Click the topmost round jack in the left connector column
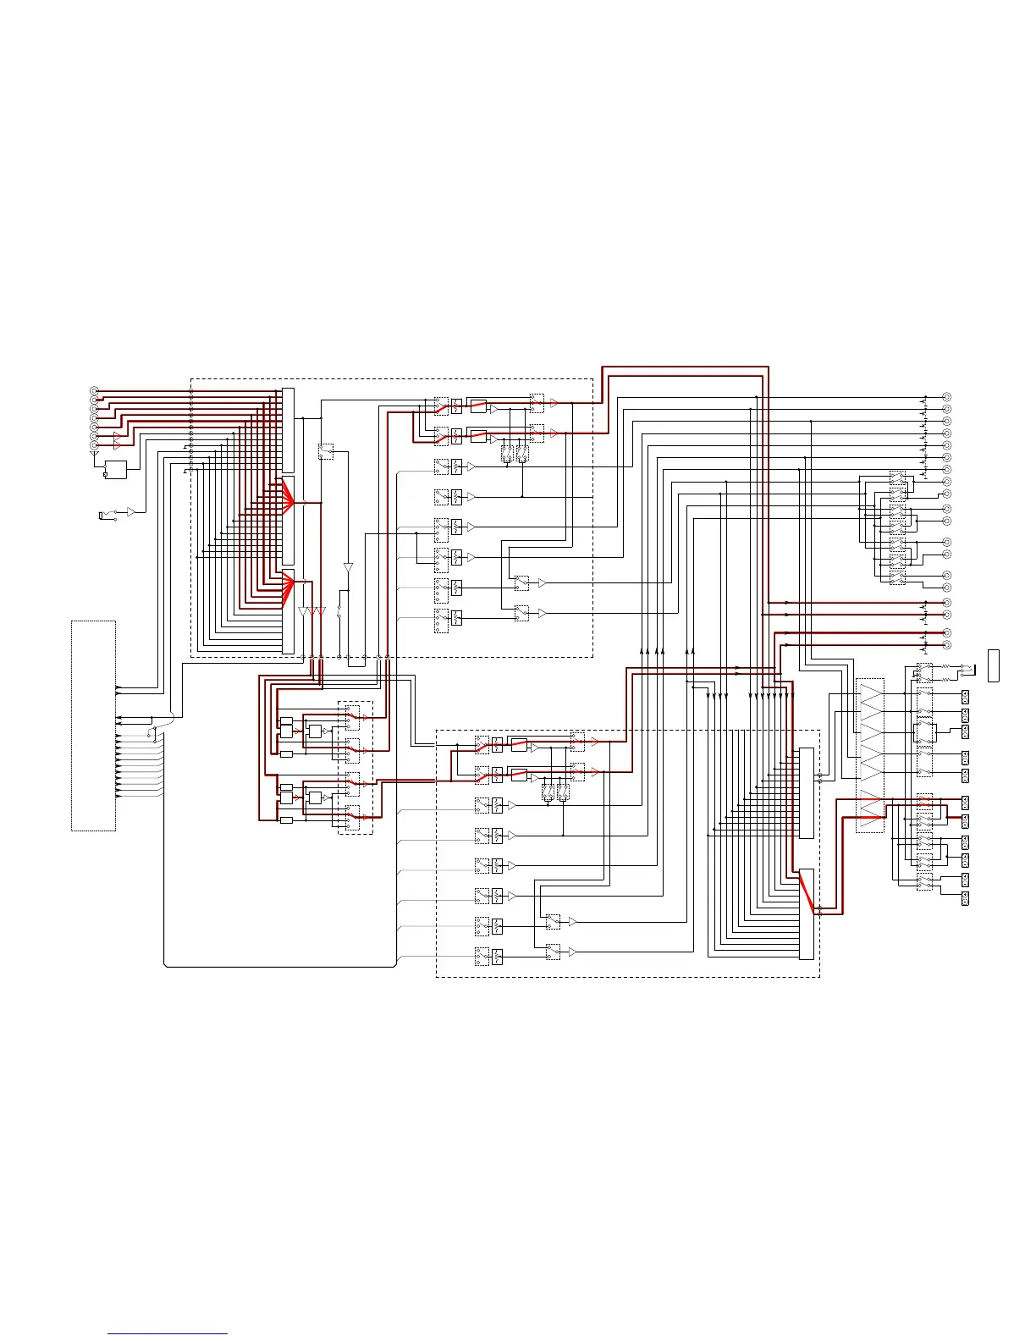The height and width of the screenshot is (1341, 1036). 94,391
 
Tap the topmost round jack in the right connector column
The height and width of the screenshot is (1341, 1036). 947,397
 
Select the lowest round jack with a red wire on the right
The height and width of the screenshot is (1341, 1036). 947,645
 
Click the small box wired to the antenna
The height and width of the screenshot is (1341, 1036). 114,469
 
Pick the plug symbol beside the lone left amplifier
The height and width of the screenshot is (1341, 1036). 103,515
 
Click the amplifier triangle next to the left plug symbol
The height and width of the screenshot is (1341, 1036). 131,512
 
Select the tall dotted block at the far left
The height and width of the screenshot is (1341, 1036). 93,726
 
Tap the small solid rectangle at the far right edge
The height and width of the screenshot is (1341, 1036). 994,665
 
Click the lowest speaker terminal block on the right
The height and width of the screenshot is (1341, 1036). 965,899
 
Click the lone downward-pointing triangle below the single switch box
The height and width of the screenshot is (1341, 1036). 348,567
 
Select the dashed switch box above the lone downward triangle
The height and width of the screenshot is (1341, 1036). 326,451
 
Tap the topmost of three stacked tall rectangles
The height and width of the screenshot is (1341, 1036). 288,430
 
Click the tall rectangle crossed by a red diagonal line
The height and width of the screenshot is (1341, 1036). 807,913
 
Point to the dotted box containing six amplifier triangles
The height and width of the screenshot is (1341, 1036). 870,755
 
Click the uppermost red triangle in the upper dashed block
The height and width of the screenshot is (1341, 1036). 554,404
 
